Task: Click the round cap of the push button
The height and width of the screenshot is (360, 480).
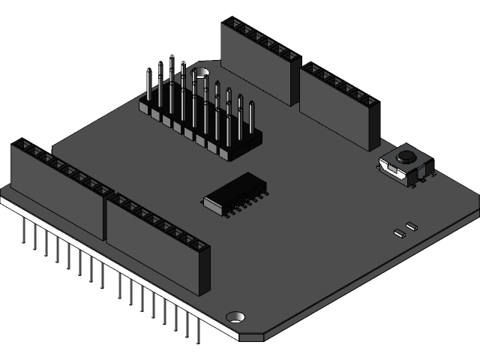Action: pyautogui.click(x=406, y=157)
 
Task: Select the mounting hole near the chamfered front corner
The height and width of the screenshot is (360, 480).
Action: pyautogui.click(x=235, y=317)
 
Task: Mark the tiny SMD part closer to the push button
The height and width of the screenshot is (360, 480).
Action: pyautogui.click(x=410, y=224)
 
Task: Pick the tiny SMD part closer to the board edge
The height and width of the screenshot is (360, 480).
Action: pyautogui.click(x=399, y=232)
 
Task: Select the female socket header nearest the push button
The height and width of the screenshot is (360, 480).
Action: pyautogui.click(x=339, y=105)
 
